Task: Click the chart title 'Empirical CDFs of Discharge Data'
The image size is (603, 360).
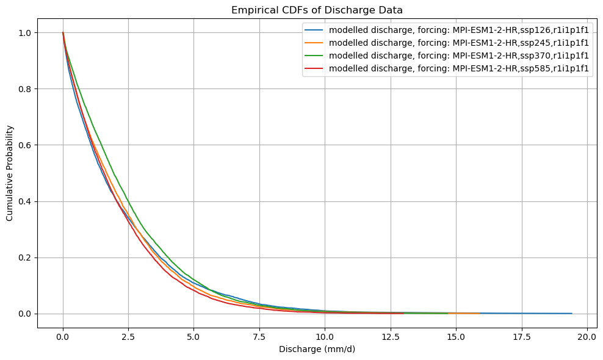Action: pyautogui.click(x=317, y=10)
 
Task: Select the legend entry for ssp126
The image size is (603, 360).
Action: pyautogui.click(x=458, y=29)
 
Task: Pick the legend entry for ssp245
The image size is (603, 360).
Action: pyautogui.click(x=458, y=42)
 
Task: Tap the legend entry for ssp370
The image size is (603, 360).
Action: pyautogui.click(x=458, y=55)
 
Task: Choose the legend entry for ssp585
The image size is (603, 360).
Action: pyautogui.click(x=458, y=68)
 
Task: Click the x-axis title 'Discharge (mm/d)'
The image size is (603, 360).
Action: pyautogui.click(x=317, y=350)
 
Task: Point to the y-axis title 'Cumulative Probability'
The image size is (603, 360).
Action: pyautogui.click(x=10, y=173)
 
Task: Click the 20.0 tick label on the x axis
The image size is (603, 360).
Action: pyautogui.click(x=587, y=337)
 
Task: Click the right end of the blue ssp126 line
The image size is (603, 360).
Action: pyautogui.click(x=571, y=313)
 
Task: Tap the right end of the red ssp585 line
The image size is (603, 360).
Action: pyautogui.click(x=403, y=313)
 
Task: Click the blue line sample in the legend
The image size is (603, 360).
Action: pyautogui.click(x=316, y=29)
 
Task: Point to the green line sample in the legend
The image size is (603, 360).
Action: pyautogui.click(x=316, y=55)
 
